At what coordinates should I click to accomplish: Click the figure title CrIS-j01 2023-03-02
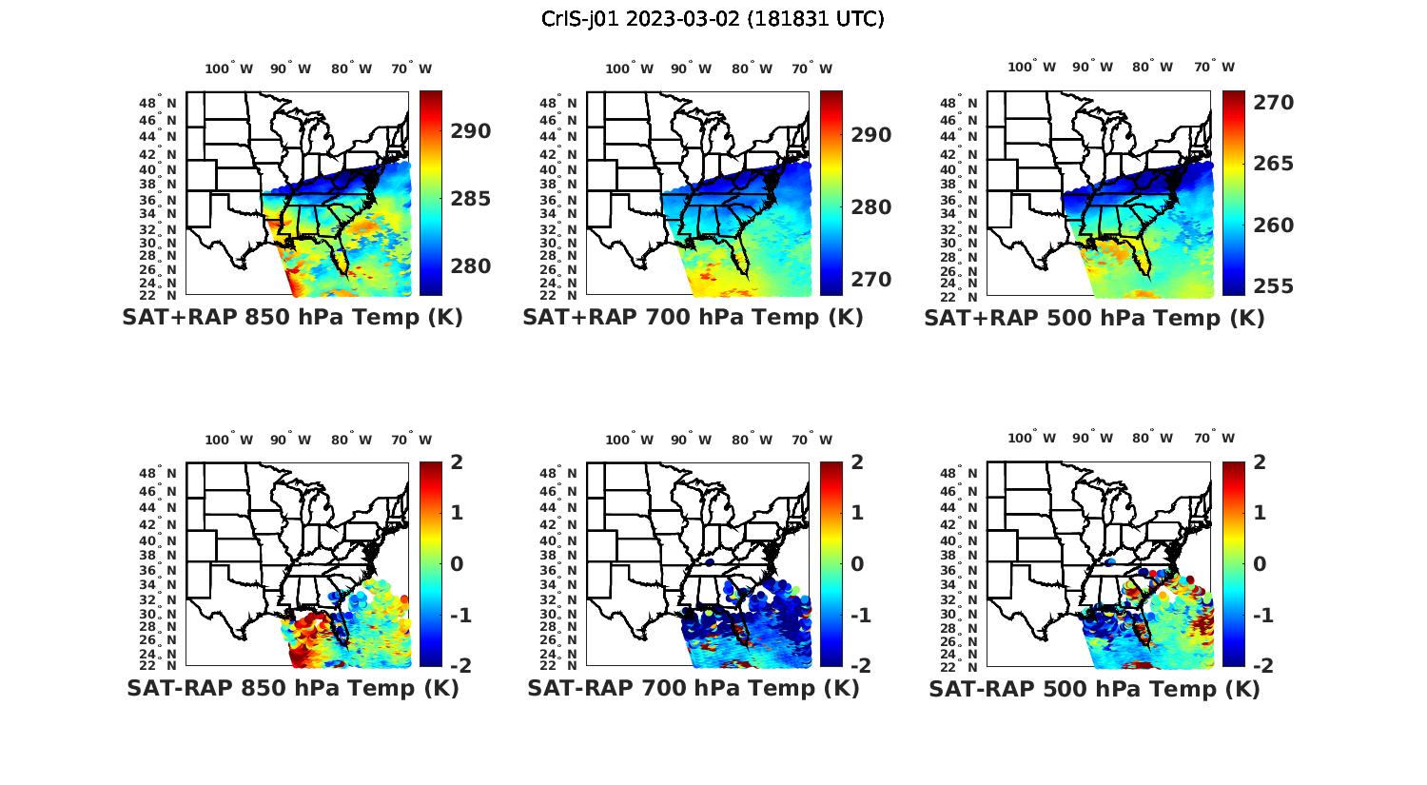tap(713, 19)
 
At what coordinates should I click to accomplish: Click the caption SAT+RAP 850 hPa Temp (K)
tap(292, 318)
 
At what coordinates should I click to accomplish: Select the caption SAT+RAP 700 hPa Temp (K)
tap(693, 318)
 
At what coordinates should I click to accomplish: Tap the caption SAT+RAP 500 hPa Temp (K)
tap(1094, 319)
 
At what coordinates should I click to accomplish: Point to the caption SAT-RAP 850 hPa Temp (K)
tap(292, 688)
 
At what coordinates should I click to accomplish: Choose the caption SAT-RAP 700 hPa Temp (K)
tap(693, 688)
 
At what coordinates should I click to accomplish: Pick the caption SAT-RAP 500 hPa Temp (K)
tap(1094, 689)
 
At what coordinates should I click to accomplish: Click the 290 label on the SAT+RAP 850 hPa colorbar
tap(471, 131)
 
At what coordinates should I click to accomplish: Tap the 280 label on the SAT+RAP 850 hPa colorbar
tap(471, 266)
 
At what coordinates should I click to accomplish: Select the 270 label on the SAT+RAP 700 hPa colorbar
tap(871, 280)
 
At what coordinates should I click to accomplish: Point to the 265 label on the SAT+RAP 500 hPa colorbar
tap(1273, 164)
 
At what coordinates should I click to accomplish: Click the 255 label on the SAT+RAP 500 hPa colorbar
tap(1273, 286)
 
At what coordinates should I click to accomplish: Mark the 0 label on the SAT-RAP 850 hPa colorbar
tap(457, 563)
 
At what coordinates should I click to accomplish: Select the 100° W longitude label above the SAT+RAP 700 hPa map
tap(630, 69)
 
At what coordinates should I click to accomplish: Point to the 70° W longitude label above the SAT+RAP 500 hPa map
tap(1215, 67)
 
